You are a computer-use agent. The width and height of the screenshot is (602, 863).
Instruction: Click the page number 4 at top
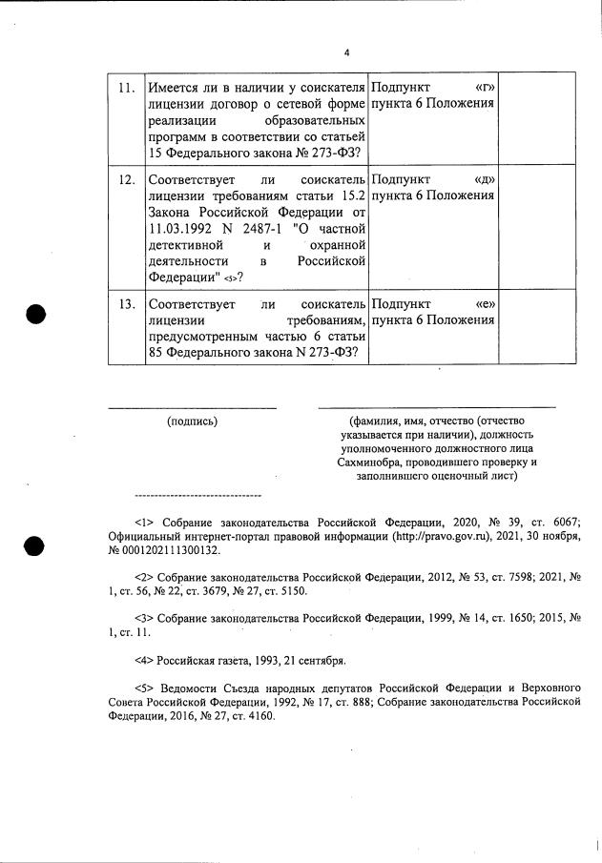coord(347,52)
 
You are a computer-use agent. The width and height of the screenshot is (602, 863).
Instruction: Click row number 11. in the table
coord(124,89)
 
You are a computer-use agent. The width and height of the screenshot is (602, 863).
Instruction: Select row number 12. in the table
coord(124,180)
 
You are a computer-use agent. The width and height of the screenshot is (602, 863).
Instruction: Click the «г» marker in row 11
coord(483,88)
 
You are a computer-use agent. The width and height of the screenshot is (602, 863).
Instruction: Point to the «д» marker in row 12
coord(483,179)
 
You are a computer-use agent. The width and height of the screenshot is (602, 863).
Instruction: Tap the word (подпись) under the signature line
coord(192,421)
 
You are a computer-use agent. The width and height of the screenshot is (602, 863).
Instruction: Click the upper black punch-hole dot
coord(35,314)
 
